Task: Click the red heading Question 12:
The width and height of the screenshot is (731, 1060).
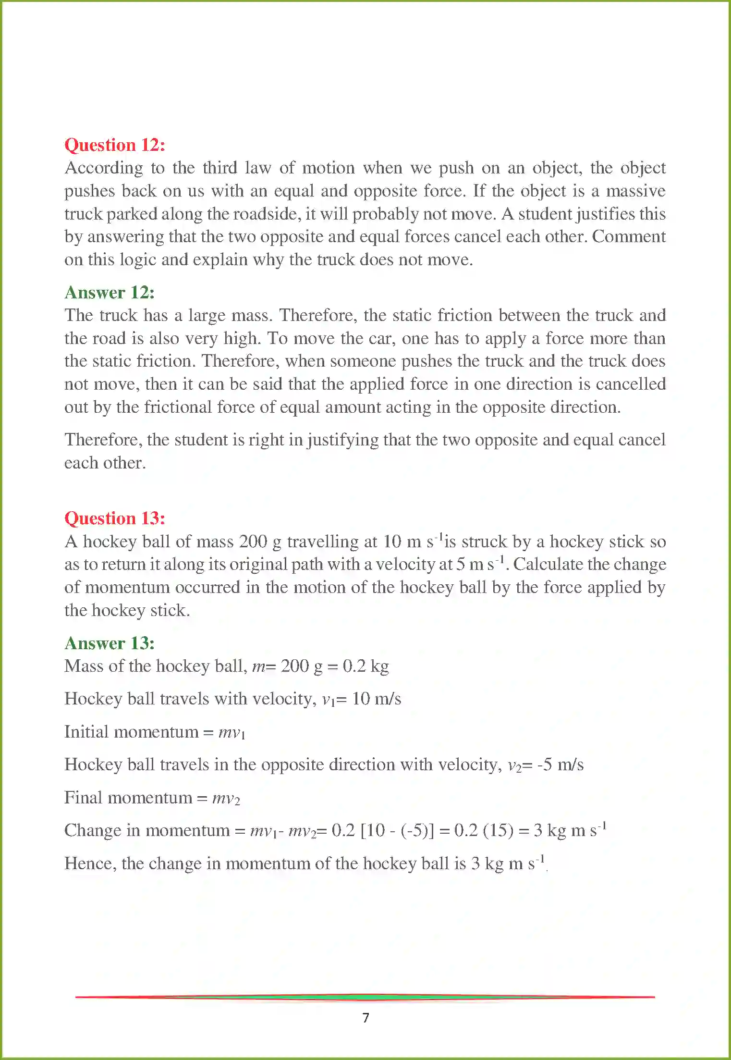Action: coord(115,145)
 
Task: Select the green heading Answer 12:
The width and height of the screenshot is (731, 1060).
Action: coord(110,293)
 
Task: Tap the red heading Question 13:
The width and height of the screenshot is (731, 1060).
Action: coord(115,518)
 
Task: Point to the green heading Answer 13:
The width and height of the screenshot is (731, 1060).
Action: coord(110,643)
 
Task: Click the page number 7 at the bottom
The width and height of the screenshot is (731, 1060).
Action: coord(366,1018)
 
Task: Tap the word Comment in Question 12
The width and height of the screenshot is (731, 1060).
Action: coord(629,237)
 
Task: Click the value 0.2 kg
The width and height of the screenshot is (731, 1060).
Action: coord(365,666)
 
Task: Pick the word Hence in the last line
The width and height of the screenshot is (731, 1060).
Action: coord(90,864)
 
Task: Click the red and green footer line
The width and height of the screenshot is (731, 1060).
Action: coord(365,997)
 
